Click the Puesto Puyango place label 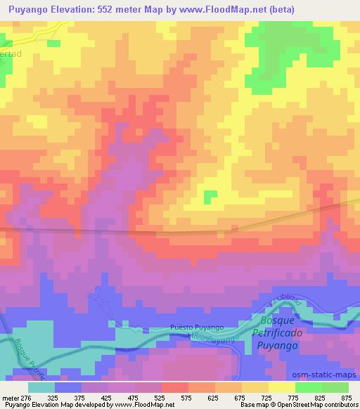click(x=197, y=327)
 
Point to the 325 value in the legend click(x=53, y=397)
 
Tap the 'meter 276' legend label click(x=15, y=397)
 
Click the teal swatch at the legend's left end click(x=41, y=387)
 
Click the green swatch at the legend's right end click(x=335, y=387)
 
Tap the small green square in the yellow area click(x=211, y=197)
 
